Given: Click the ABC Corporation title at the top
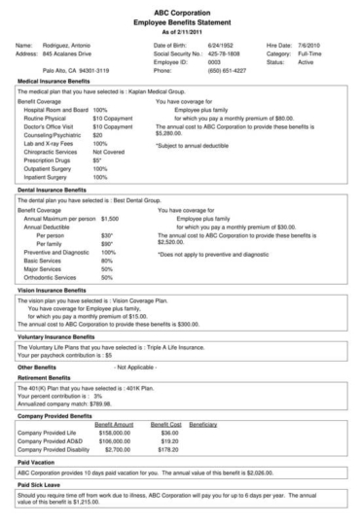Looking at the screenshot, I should click(180, 8).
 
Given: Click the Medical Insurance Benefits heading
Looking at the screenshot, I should click(55, 85).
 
